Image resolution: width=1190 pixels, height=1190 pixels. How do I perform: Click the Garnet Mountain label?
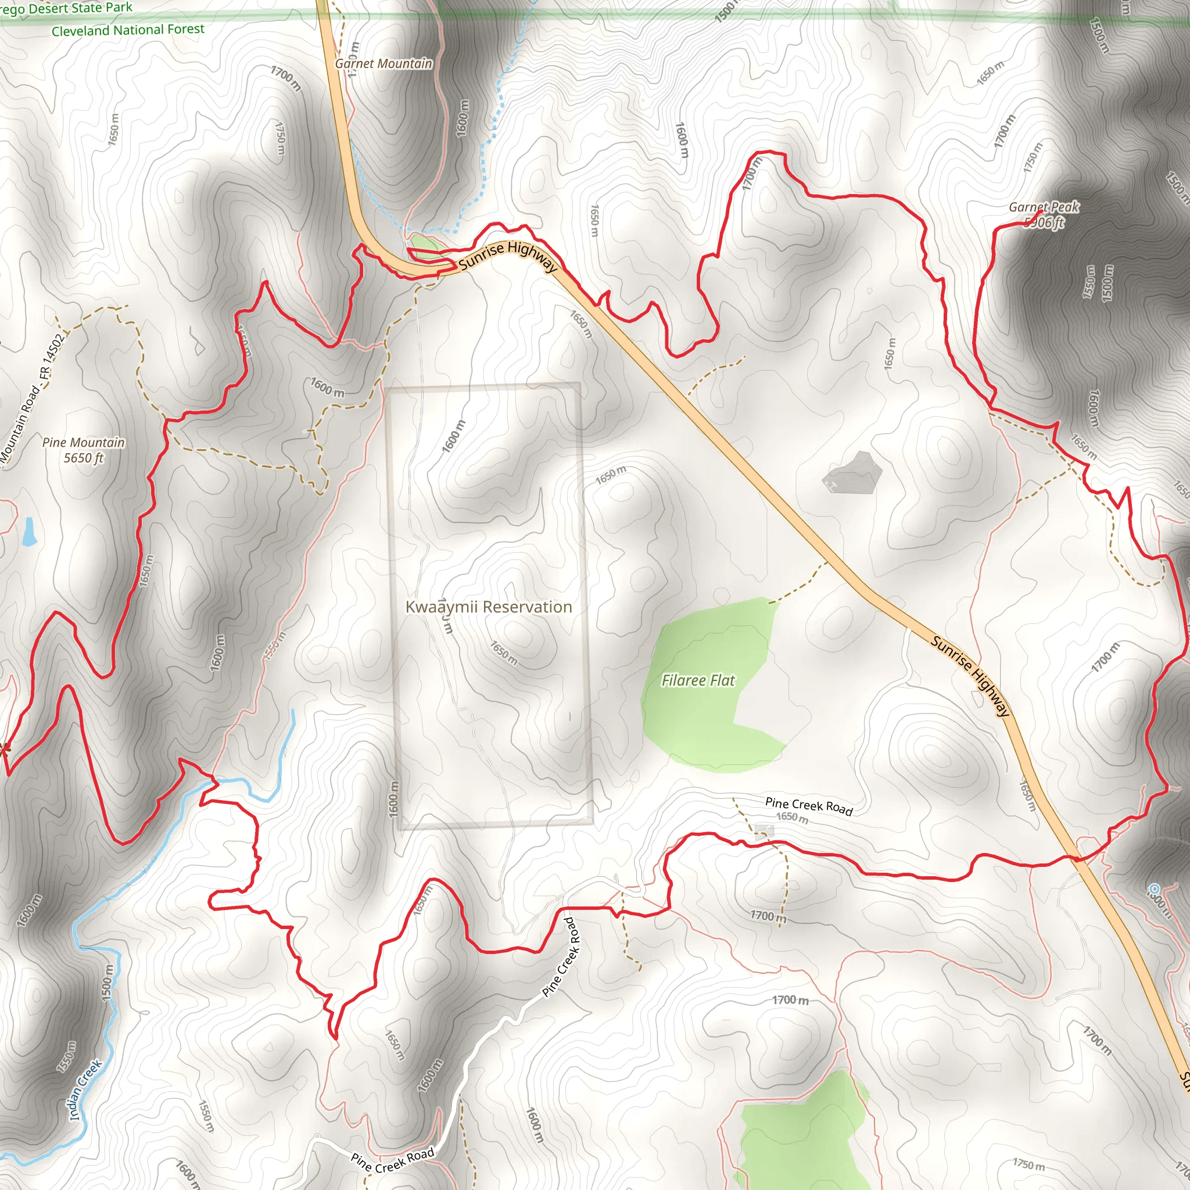(383, 63)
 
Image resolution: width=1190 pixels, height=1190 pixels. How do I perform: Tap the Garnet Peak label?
(1044, 207)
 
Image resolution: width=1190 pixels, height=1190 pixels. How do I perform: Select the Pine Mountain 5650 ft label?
(84, 450)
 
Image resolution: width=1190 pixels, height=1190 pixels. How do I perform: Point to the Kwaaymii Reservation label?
(489, 607)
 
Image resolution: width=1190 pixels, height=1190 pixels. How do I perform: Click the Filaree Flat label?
(698, 680)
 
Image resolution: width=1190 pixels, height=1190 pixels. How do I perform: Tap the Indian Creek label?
(85, 1089)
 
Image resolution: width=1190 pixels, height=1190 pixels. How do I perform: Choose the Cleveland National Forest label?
(127, 30)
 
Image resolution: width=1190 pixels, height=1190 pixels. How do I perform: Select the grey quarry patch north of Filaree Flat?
(854, 472)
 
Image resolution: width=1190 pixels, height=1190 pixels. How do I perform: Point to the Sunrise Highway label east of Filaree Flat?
(971, 676)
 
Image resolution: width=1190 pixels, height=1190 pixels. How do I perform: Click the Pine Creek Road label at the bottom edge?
(392, 1160)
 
